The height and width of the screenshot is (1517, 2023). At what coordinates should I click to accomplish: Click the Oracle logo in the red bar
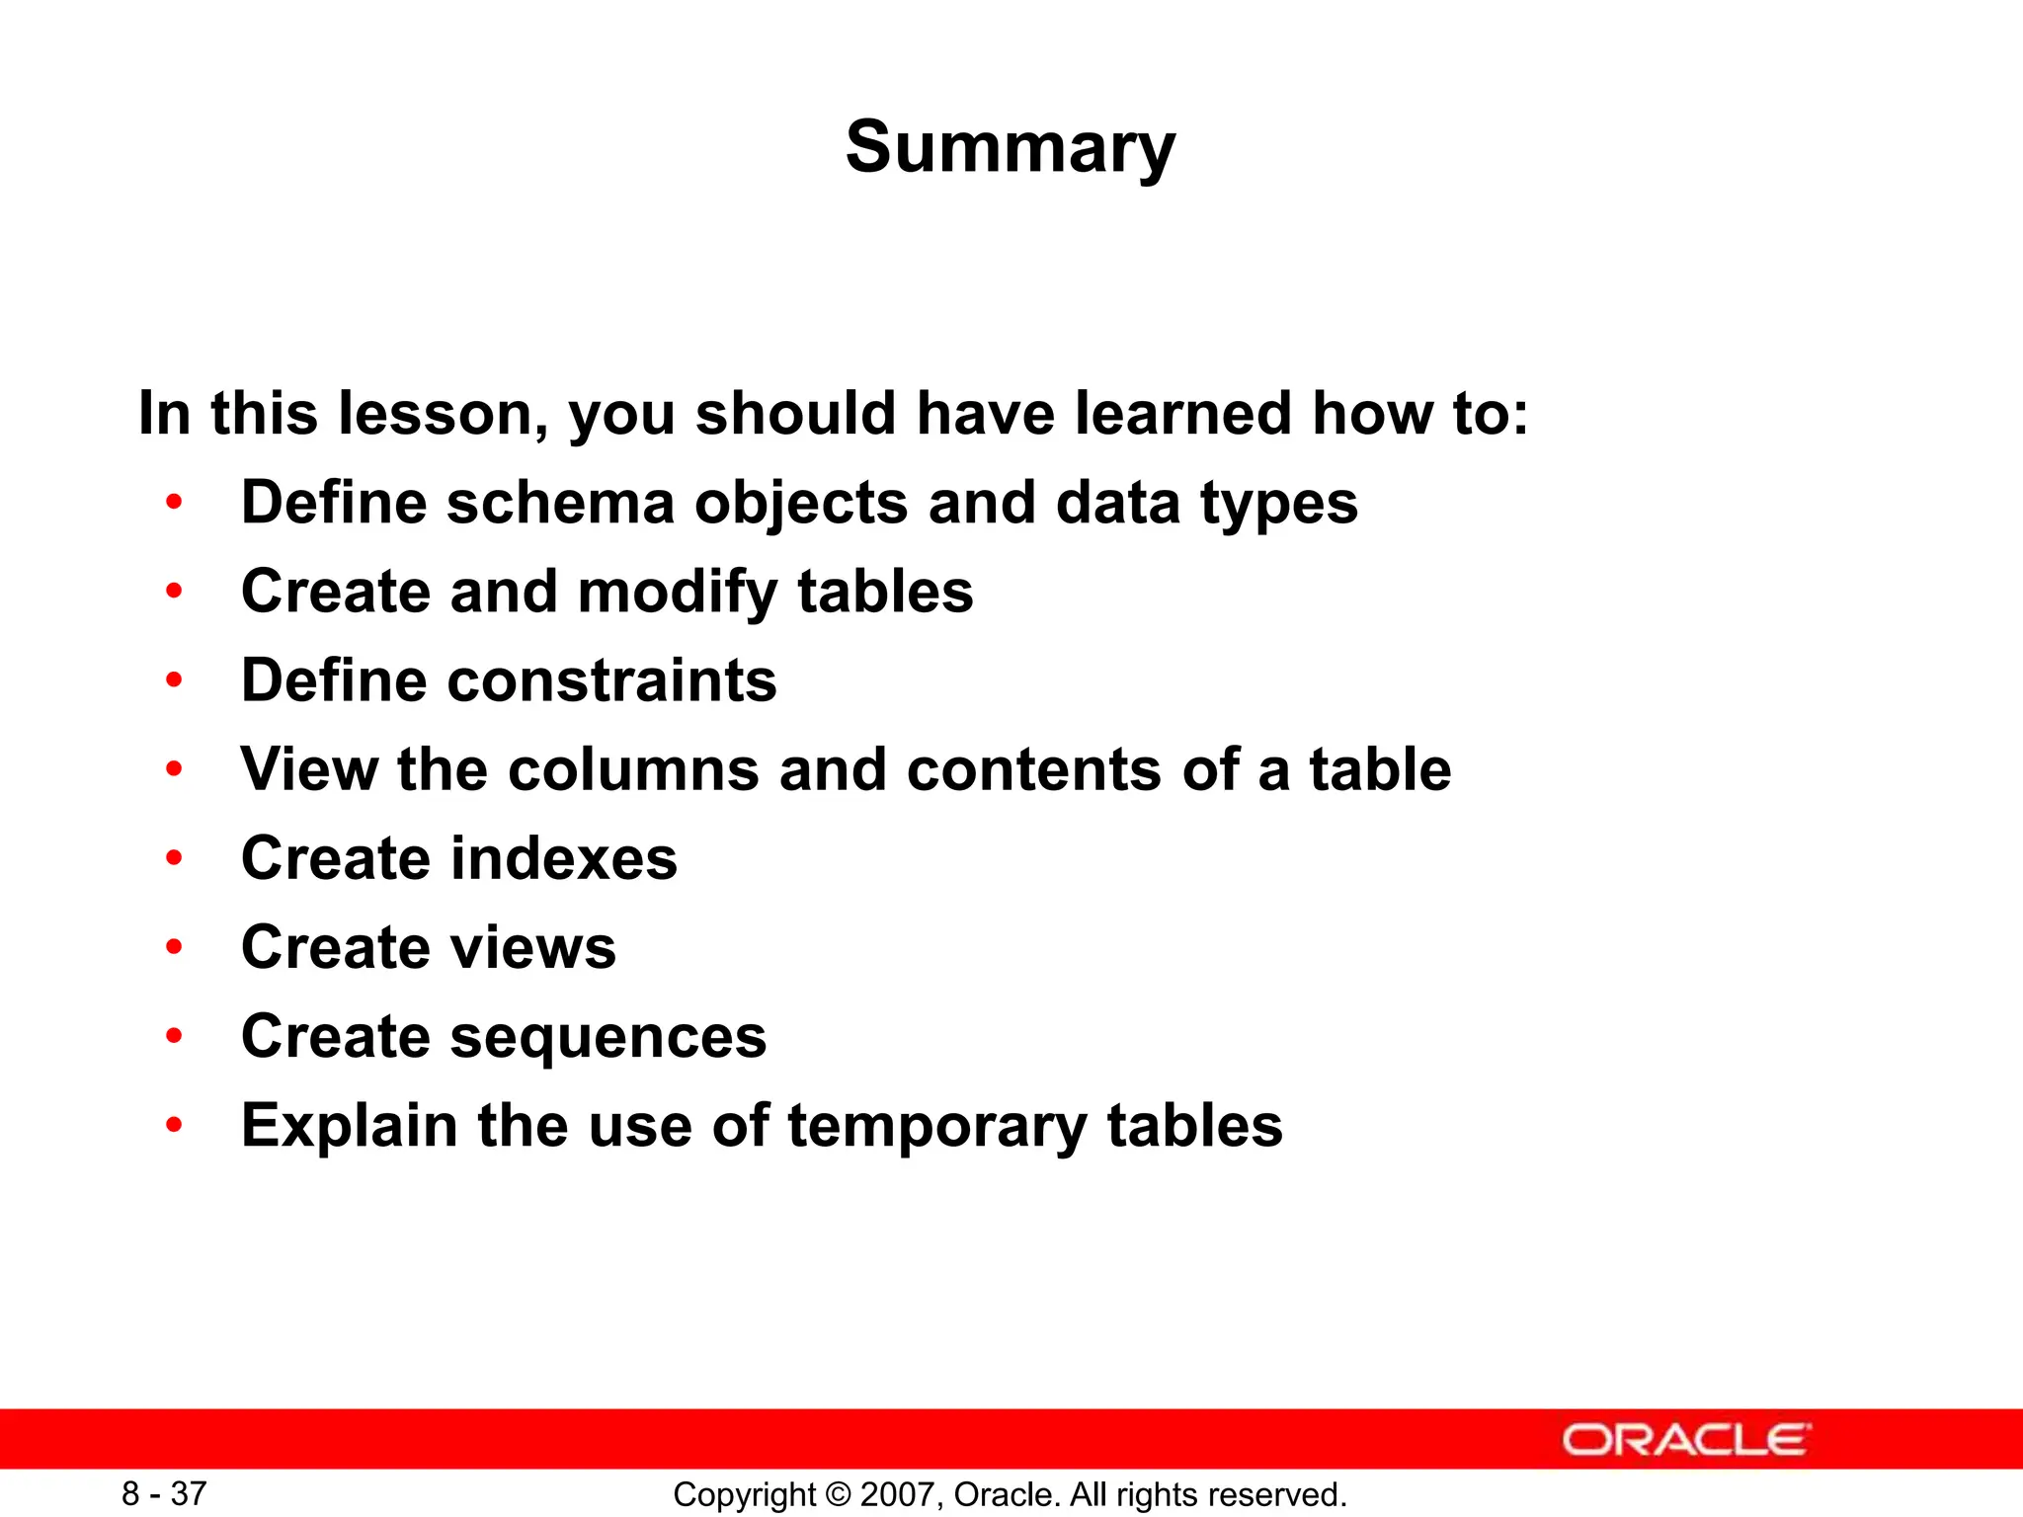(1686, 1440)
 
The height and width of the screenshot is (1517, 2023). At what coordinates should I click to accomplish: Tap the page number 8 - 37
(164, 1493)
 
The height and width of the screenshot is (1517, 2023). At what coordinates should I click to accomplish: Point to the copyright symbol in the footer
(838, 1494)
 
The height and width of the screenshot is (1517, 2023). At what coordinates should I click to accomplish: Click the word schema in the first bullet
(560, 504)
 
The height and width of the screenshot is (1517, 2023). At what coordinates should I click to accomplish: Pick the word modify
(678, 593)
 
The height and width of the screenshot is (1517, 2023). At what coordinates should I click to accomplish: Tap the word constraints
(612, 681)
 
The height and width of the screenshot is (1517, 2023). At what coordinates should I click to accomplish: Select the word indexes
(564, 859)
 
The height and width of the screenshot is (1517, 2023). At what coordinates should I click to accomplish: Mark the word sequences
(608, 1038)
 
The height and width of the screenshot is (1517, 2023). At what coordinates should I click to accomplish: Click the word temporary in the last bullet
(936, 1127)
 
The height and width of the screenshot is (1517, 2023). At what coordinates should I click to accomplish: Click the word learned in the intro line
(1182, 414)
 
